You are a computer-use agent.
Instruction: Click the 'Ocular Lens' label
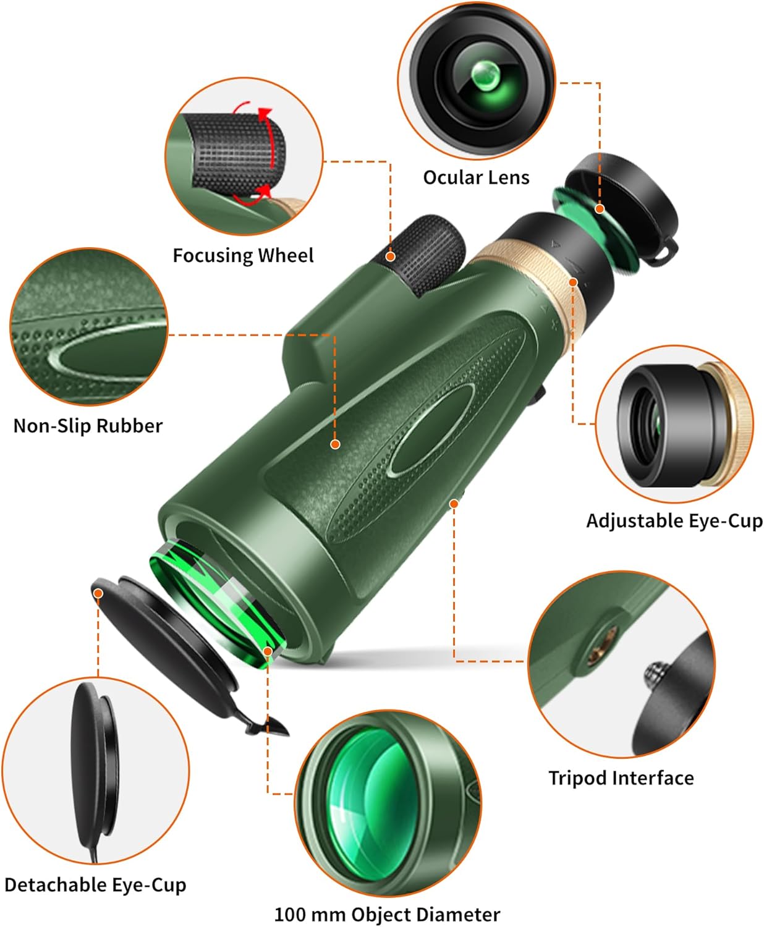click(476, 178)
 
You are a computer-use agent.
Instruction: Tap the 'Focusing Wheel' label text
click(243, 255)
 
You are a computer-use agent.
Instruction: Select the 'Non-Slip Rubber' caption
click(88, 426)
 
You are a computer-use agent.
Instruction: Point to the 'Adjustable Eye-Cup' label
click(674, 520)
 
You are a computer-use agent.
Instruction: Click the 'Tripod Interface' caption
click(621, 777)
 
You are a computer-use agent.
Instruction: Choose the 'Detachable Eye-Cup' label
click(95, 885)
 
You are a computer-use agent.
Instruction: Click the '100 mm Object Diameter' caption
click(387, 914)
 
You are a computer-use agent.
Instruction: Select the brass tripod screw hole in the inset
click(600, 646)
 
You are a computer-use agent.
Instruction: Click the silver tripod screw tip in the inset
click(655, 671)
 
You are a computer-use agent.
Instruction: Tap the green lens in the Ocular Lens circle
click(486, 77)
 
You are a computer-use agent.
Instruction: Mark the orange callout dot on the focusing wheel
click(390, 256)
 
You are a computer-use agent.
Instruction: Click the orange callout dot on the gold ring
click(573, 282)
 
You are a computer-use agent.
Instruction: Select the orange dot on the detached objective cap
click(98, 593)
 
